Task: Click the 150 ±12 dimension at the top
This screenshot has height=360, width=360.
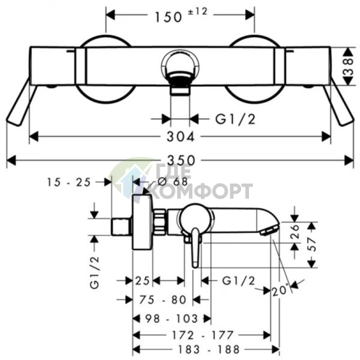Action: coord(181,15)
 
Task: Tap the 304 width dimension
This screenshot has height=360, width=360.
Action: coord(181,137)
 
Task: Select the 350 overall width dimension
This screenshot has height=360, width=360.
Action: coord(181,160)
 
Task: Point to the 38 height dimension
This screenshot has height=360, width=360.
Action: coord(348,65)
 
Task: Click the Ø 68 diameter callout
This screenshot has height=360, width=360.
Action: coord(173,181)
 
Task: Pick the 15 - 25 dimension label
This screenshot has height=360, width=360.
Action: coord(69,182)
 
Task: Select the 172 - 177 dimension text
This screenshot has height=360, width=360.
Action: coord(202,335)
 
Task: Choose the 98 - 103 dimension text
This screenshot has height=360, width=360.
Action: coord(172,319)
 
